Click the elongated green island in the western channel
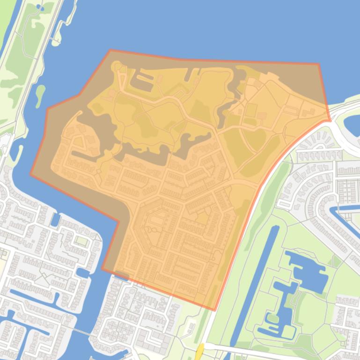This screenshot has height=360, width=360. click(40, 95)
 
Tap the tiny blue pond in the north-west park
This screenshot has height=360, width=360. click(40, 8)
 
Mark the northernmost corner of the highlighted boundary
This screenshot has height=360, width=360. click(110, 50)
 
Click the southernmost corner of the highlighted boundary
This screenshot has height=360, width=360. click(214, 310)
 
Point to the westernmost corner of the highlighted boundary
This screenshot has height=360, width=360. click(31, 174)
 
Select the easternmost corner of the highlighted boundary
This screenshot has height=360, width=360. click(331, 121)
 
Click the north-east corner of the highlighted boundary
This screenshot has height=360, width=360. click(319, 64)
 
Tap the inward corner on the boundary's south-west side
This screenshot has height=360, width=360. click(118, 221)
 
